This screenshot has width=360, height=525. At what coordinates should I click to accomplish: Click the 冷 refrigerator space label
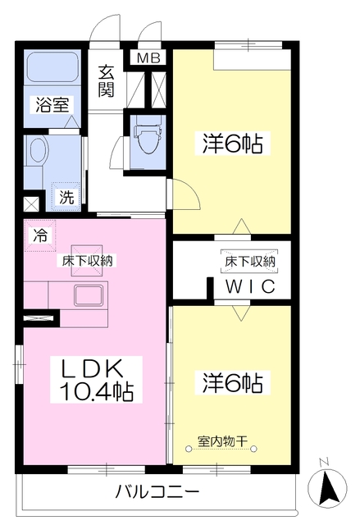(x=39, y=234)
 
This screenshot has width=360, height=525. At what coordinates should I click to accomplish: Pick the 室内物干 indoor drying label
(x=222, y=441)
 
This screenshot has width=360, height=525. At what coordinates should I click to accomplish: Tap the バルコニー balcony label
(x=156, y=492)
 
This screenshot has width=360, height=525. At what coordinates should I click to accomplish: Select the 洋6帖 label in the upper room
(x=232, y=145)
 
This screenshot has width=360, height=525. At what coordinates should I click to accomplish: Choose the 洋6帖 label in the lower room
(x=232, y=382)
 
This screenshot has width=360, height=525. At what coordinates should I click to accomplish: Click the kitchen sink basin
(x=87, y=295)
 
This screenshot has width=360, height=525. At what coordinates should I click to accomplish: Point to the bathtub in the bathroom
(x=50, y=68)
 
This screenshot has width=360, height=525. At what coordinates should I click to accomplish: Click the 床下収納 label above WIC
(x=250, y=262)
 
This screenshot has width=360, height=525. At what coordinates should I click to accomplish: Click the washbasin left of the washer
(x=37, y=152)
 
